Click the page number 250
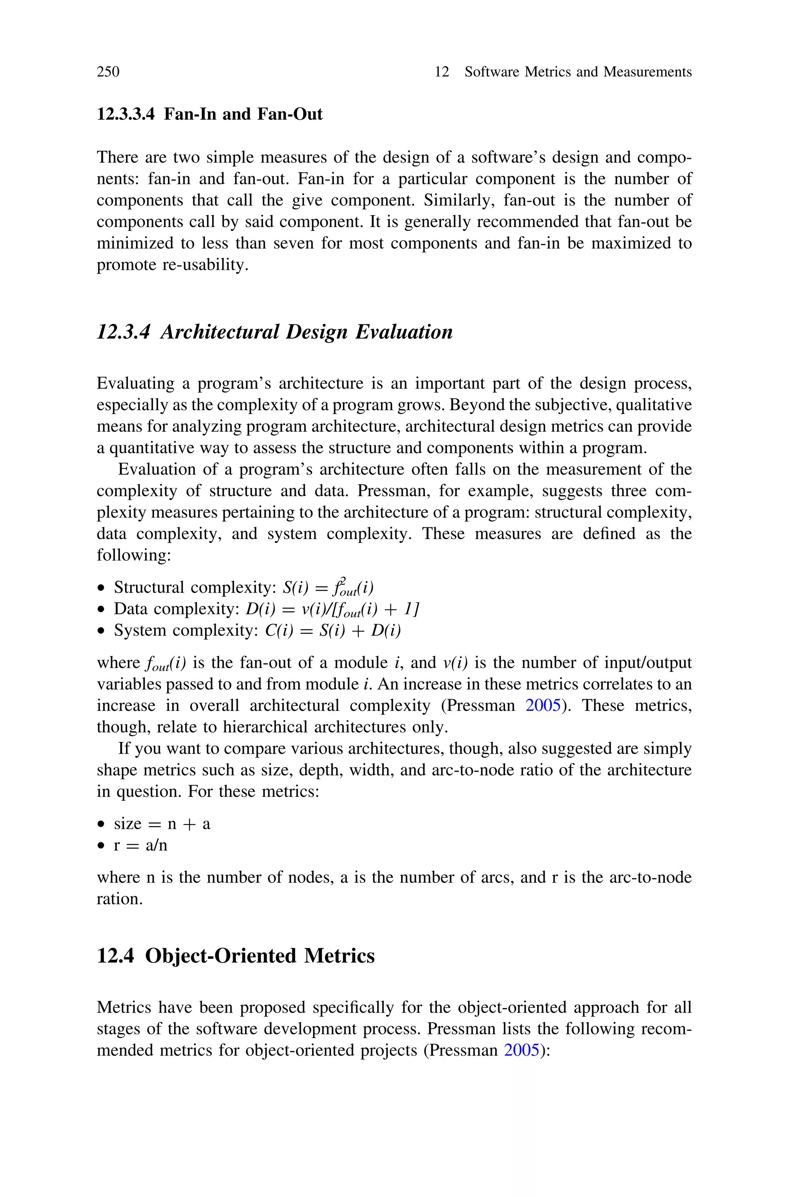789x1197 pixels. click(108, 72)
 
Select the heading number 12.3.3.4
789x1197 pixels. click(125, 114)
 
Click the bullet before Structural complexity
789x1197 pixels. click(102, 588)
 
